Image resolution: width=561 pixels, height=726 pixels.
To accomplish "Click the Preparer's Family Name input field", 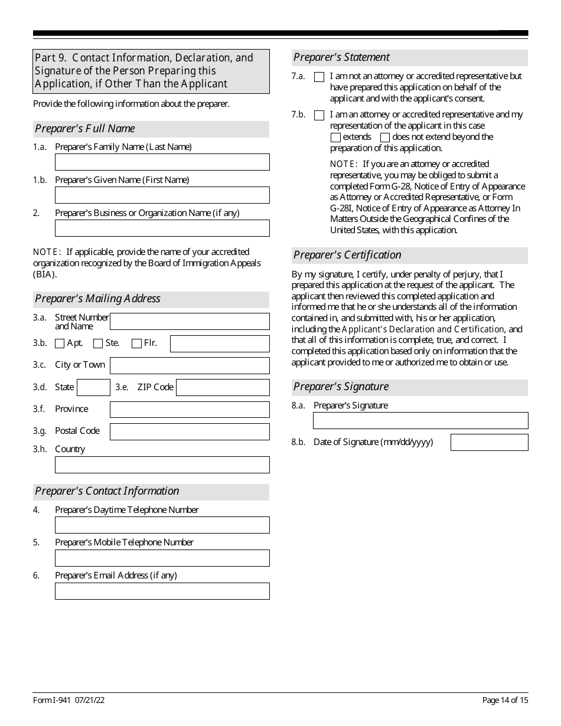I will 162,162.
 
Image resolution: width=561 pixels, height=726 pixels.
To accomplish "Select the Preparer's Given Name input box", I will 162,195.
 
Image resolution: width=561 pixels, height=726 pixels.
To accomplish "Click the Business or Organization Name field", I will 162,228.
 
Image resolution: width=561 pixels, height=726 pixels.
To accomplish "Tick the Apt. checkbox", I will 60,344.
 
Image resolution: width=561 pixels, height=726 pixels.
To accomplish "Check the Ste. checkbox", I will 98,344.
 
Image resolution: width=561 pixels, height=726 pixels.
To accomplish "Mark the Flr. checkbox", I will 136,344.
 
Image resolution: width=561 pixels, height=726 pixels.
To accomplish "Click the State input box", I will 93,387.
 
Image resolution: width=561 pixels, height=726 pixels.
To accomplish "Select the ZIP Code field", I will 223,387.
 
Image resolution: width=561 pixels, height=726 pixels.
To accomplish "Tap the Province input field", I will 190,410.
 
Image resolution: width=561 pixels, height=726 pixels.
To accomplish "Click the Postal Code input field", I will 190,431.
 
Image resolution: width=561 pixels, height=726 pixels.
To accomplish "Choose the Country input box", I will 162,465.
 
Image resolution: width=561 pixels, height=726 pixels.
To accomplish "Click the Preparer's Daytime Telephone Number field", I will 162,525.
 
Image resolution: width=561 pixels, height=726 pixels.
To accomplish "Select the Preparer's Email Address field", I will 162,591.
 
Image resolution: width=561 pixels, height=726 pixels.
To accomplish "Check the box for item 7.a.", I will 319,77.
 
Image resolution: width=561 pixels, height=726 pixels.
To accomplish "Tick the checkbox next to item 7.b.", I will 319,115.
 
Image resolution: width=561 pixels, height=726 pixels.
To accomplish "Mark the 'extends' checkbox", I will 335,138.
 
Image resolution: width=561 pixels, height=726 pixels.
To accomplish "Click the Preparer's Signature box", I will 420,420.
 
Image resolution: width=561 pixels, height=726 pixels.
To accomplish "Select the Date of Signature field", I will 489,442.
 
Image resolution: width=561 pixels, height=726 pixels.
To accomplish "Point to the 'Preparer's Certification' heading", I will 347,255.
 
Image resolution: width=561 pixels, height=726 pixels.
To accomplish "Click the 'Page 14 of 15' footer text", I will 505,701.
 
